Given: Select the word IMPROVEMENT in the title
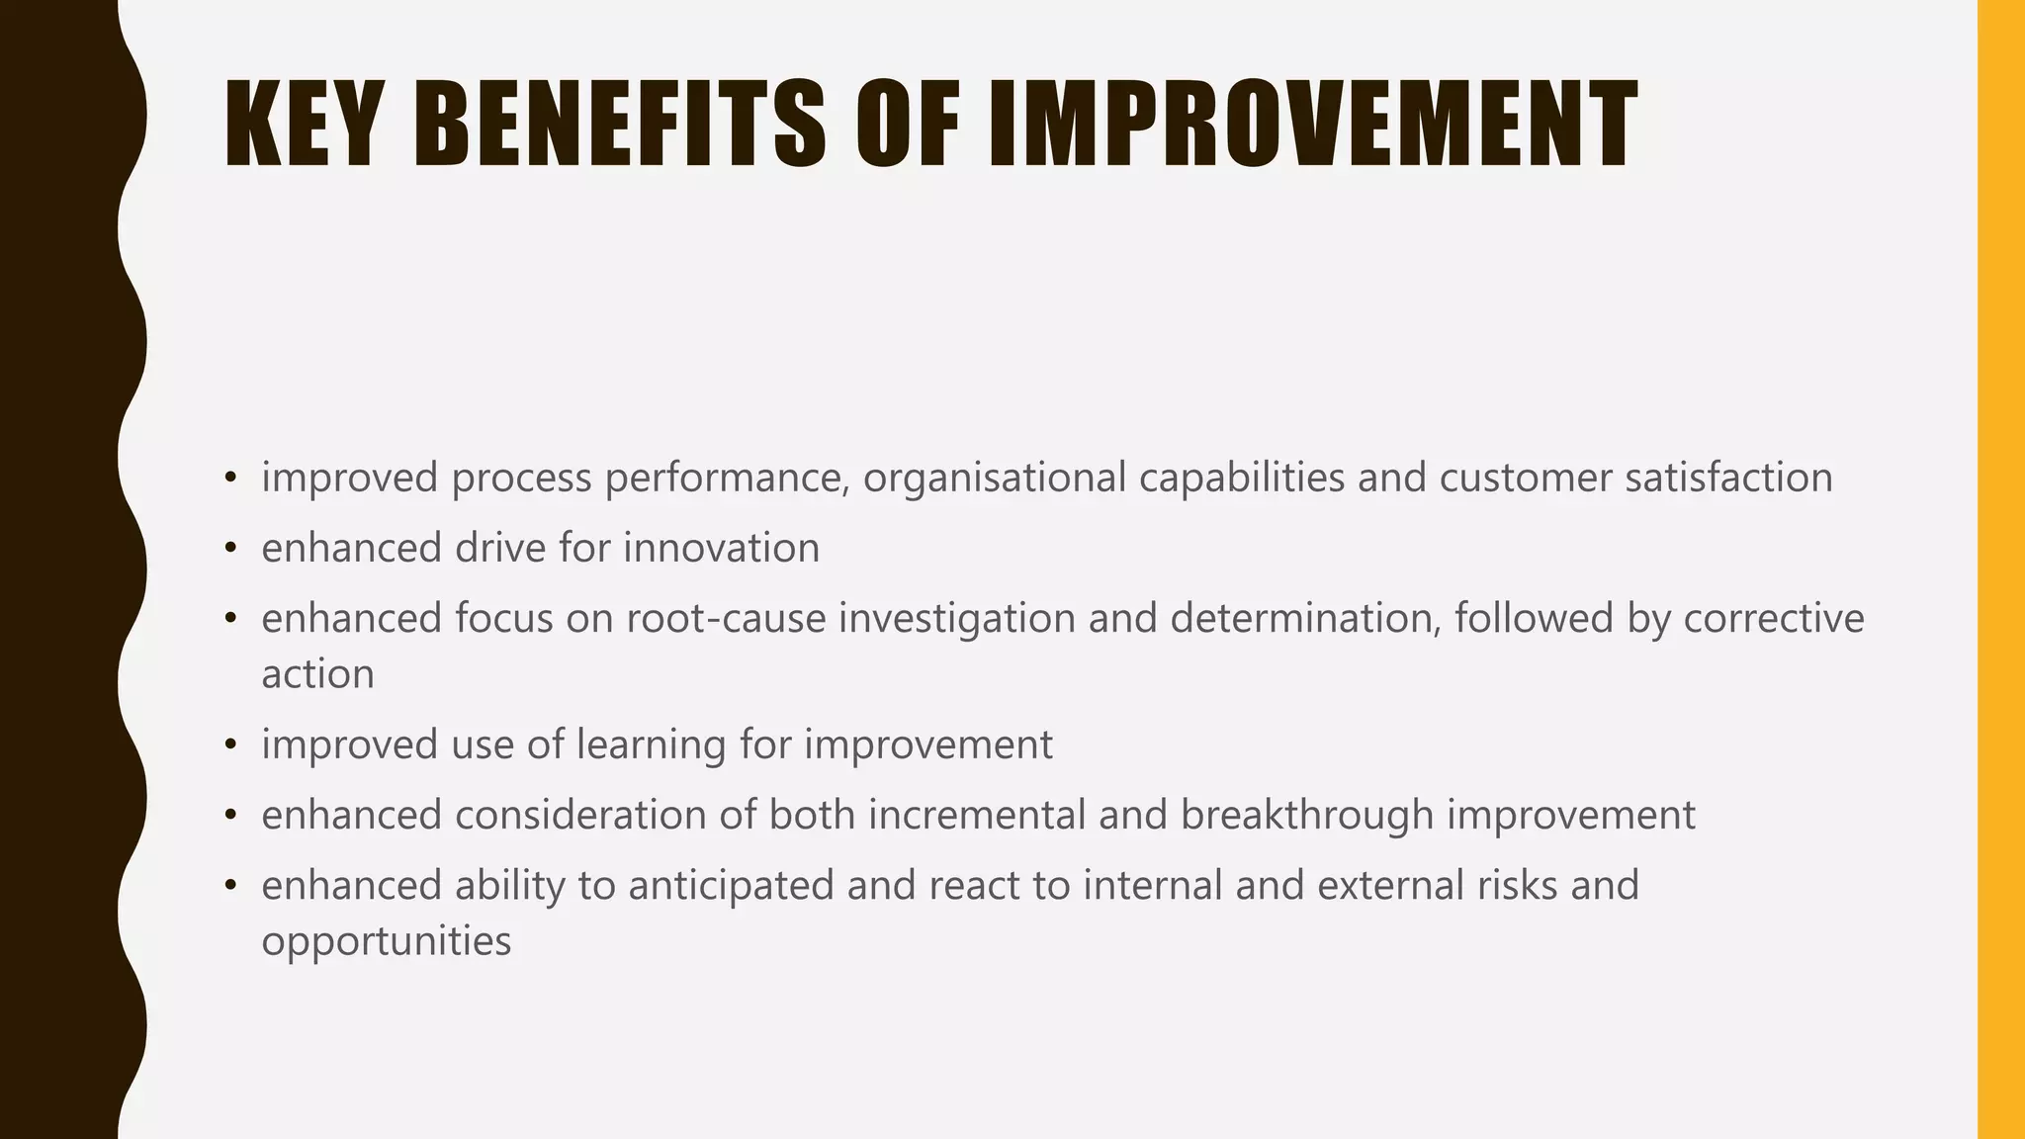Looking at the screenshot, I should (1312, 125).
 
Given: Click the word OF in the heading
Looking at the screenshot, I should (908, 125).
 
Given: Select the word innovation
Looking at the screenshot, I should (721, 549).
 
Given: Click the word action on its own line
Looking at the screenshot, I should (317, 675).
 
